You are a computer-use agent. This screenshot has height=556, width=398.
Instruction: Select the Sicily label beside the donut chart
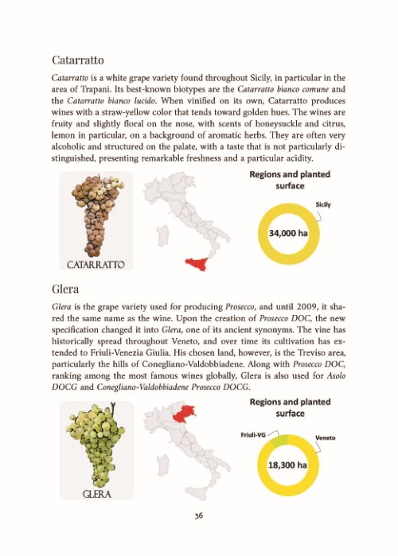[323, 205]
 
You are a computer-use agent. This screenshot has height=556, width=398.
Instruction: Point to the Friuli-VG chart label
[252, 434]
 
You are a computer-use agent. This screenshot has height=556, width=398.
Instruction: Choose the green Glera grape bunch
[88, 441]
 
